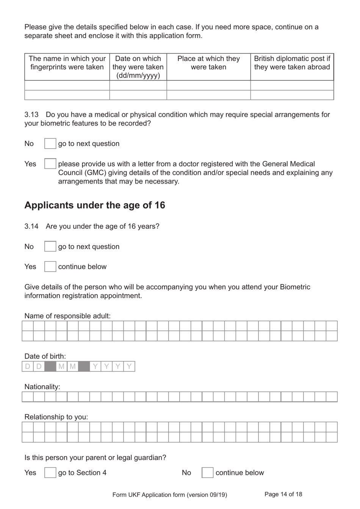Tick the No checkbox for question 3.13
[x=50, y=144]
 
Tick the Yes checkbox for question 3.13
[x=50, y=164]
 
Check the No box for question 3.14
[x=50, y=247]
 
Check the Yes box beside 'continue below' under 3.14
[x=50, y=267]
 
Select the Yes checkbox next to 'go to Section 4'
[x=50, y=473]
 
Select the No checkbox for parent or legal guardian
[x=207, y=473]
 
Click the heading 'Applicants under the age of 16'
[x=95, y=205]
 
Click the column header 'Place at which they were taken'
[x=208, y=63]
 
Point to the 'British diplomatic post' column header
[x=292, y=63]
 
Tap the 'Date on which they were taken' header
[x=138, y=67]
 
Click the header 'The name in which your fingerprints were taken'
[x=67, y=63]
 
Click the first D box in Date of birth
[x=28, y=366]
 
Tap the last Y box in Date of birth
[x=129, y=366]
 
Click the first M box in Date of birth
[x=61, y=366]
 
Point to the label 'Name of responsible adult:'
[x=67, y=316]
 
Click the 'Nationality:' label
[x=42, y=387]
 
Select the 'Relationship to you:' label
[x=56, y=417]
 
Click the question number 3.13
[x=31, y=115]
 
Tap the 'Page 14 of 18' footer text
[x=283, y=494]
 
